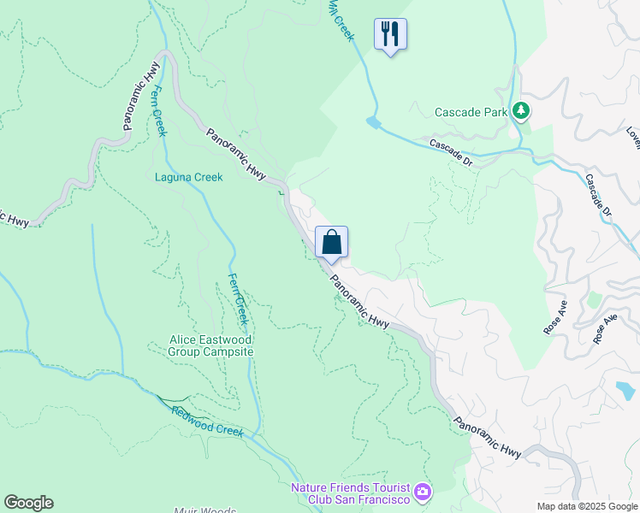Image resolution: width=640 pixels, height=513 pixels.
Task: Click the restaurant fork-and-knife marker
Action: [x=390, y=34]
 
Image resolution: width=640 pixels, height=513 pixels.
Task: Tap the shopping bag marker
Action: [x=331, y=242]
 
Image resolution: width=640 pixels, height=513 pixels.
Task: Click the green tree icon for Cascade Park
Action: [x=520, y=110]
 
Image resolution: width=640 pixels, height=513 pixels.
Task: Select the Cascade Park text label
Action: [x=471, y=112]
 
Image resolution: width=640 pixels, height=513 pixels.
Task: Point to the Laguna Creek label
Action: [x=188, y=178]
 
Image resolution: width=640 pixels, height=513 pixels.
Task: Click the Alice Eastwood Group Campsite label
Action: [x=211, y=345]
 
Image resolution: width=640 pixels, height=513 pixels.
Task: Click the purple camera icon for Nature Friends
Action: [x=422, y=492]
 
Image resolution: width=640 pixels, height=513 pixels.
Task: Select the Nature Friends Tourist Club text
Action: [x=350, y=493]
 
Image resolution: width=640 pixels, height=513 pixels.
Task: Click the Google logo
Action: [x=28, y=503]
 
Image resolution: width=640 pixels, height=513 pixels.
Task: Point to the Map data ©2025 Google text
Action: [x=587, y=505]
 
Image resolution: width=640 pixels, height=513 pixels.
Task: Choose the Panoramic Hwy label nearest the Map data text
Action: [x=487, y=436]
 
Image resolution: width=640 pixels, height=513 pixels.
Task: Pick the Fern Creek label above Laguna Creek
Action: [x=158, y=110]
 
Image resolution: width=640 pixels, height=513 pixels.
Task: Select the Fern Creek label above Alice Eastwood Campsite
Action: [x=238, y=298]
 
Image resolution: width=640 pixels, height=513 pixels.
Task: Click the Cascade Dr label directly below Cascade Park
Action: [x=450, y=151]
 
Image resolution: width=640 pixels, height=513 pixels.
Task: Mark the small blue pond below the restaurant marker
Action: [x=373, y=123]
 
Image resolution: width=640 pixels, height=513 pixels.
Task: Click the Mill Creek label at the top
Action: [x=341, y=19]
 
